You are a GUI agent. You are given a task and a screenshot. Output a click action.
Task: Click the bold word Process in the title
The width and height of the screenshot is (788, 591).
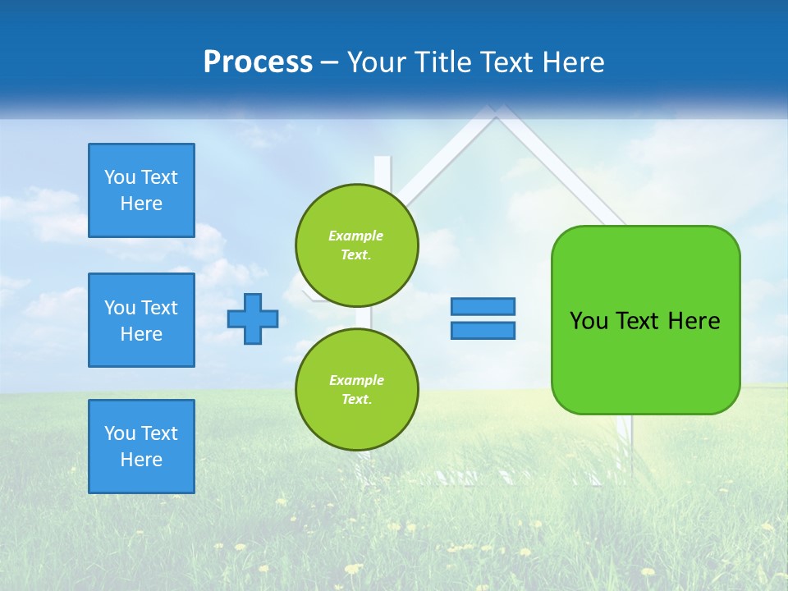tap(258, 62)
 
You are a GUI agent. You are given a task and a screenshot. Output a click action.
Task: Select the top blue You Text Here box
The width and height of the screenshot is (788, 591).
tap(141, 190)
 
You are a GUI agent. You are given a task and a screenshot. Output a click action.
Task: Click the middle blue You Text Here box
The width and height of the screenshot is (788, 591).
tap(141, 320)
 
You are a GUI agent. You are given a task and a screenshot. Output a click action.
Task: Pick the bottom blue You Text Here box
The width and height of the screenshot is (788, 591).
tap(141, 447)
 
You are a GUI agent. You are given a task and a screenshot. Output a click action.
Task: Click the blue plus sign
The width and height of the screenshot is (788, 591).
tap(253, 318)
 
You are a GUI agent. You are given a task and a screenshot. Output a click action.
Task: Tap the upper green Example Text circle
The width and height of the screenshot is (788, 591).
tap(357, 245)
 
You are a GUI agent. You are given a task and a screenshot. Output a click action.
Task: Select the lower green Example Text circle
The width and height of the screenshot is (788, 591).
tap(357, 390)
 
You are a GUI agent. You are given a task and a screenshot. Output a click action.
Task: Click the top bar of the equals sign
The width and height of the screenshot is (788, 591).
tap(483, 306)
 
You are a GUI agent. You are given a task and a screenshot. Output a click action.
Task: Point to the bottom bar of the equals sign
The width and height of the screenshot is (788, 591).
tap(483, 330)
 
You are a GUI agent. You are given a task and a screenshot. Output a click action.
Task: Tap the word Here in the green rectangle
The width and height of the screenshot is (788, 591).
tap(694, 321)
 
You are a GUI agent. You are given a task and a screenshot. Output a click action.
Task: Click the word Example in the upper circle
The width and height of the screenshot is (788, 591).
tap(356, 236)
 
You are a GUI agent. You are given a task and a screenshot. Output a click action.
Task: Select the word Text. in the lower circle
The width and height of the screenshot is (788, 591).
tap(356, 400)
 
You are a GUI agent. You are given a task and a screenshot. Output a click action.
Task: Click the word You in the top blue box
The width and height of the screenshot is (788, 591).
tap(120, 177)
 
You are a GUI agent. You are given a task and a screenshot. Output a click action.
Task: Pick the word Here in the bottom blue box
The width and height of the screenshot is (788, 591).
tap(141, 460)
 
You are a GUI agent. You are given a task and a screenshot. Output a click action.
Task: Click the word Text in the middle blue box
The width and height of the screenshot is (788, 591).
tap(159, 308)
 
